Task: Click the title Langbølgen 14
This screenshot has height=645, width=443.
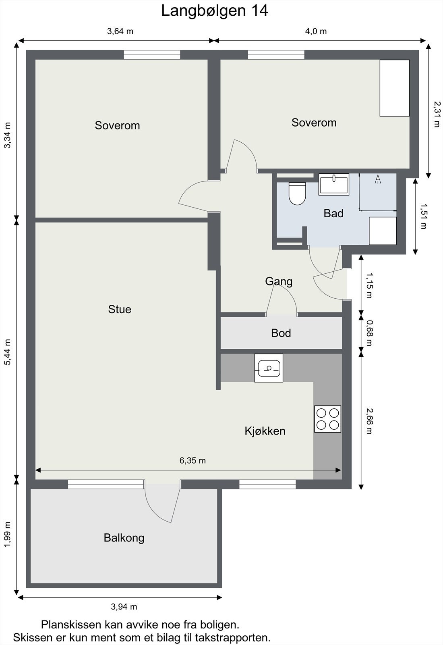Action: (215, 10)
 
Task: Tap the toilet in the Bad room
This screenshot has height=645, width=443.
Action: (297, 193)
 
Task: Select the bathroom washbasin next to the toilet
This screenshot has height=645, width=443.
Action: (334, 184)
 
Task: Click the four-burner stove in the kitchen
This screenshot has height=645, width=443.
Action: (328, 419)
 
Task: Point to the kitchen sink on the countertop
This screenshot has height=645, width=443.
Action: (269, 368)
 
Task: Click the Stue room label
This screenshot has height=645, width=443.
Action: (120, 309)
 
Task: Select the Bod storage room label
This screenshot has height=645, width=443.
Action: (281, 333)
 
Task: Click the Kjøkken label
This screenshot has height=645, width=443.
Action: (265, 431)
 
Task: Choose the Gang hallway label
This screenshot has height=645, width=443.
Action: (279, 281)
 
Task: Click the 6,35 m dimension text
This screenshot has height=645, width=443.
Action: (193, 461)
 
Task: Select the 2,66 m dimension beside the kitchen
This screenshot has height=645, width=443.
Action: (369, 421)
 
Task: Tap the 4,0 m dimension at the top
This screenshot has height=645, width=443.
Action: (316, 31)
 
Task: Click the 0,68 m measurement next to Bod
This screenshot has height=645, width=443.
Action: (369, 333)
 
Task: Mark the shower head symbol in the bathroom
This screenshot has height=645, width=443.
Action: (378, 179)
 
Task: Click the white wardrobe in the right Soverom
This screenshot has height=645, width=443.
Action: (395, 88)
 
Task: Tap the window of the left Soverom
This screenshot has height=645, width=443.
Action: (152, 55)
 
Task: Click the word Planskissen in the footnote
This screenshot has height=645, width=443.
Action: (70, 625)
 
